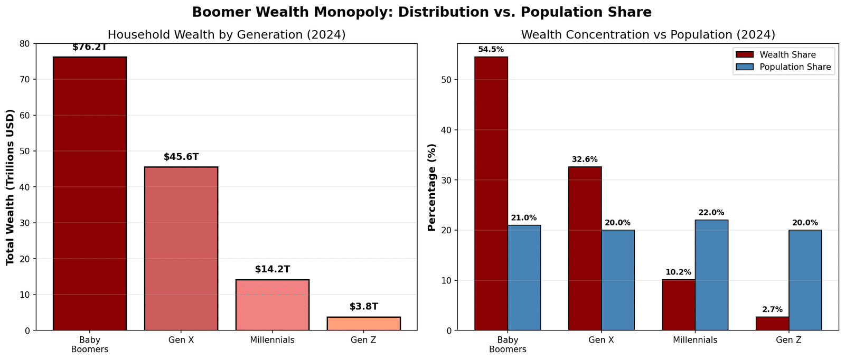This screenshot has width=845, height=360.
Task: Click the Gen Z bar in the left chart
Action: (x=363, y=324)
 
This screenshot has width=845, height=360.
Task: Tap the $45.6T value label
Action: (x=181, y=157)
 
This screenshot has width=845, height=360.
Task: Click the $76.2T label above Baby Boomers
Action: (x=90, y=47)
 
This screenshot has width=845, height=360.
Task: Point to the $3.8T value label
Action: (x=363, y=307)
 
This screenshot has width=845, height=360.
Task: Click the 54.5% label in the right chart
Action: (x=491, y=50)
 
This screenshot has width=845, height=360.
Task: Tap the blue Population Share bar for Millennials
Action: (x=711, y=275)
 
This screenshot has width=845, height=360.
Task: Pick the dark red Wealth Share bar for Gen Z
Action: (x=772, y=324)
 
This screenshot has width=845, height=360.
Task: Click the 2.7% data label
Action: (x=772, y=310)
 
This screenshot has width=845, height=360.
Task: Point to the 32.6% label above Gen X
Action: (x=585, y=159)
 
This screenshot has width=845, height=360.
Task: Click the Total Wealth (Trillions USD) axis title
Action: (x=10, y=187)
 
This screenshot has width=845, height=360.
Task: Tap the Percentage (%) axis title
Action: (x=431, y=187)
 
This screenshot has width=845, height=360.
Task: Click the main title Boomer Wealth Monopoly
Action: (x=421, y=12)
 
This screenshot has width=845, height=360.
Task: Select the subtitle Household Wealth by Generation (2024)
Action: (x=227, y=35)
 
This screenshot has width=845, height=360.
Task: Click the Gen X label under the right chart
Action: (x=601, y=340)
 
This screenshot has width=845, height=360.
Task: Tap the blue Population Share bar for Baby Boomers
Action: (x=524, y=278)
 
